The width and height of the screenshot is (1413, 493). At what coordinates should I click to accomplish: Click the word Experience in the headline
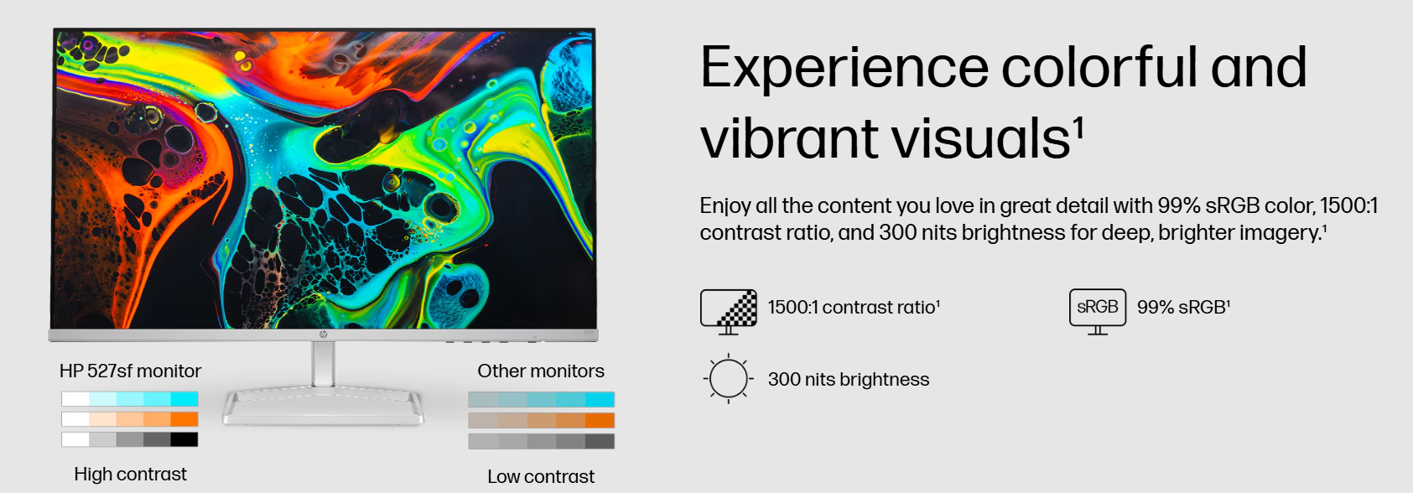(x=844, y=68)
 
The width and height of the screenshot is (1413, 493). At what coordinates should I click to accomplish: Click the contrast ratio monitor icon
(x=729, y=312)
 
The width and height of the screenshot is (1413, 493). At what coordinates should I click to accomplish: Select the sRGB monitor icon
(x=1098, y=311)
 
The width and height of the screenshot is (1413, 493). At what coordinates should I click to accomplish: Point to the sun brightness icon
(x=728, y=379)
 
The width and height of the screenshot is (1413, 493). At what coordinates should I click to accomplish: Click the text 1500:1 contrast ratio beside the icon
(x=854, y=308)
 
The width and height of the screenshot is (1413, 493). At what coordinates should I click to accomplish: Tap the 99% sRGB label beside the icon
(x=1183, y=308)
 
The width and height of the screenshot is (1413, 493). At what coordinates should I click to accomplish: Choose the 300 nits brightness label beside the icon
(x=849, y=380)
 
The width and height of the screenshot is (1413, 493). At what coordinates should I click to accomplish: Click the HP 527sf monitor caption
(x=131, y=371)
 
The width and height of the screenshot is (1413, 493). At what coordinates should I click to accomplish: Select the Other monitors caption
(x=541, y=371)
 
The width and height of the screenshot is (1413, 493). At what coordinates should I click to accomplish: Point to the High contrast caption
(x=131, y=474)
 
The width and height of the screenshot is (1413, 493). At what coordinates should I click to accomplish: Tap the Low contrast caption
(x=541, y=476)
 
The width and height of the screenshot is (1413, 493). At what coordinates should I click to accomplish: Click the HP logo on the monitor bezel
(x=323, y=335)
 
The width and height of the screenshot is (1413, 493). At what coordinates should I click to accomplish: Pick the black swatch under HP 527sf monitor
(x=184, y=439)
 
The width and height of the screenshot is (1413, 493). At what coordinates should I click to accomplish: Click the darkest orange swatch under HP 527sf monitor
(x=184, y=419)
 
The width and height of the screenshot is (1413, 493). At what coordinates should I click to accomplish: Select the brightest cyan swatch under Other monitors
(x=600, y=400)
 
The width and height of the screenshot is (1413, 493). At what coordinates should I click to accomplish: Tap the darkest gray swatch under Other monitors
(x=600, y=441)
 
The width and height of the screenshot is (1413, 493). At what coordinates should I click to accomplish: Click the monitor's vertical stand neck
(x=323, y=364)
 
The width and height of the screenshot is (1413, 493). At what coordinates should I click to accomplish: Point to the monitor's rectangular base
(x=323, y=407)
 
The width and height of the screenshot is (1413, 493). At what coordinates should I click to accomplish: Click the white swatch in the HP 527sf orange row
(x=75, y=419)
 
